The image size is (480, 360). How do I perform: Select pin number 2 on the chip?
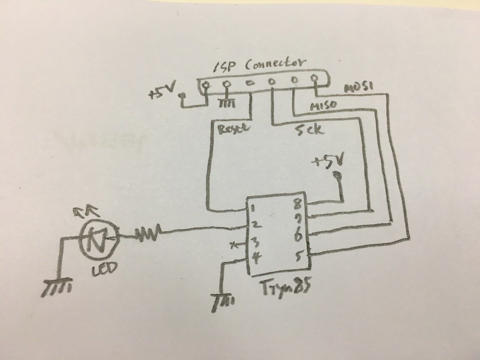click(x=255, y=225)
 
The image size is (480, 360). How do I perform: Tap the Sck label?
click(x=309, y=130)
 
